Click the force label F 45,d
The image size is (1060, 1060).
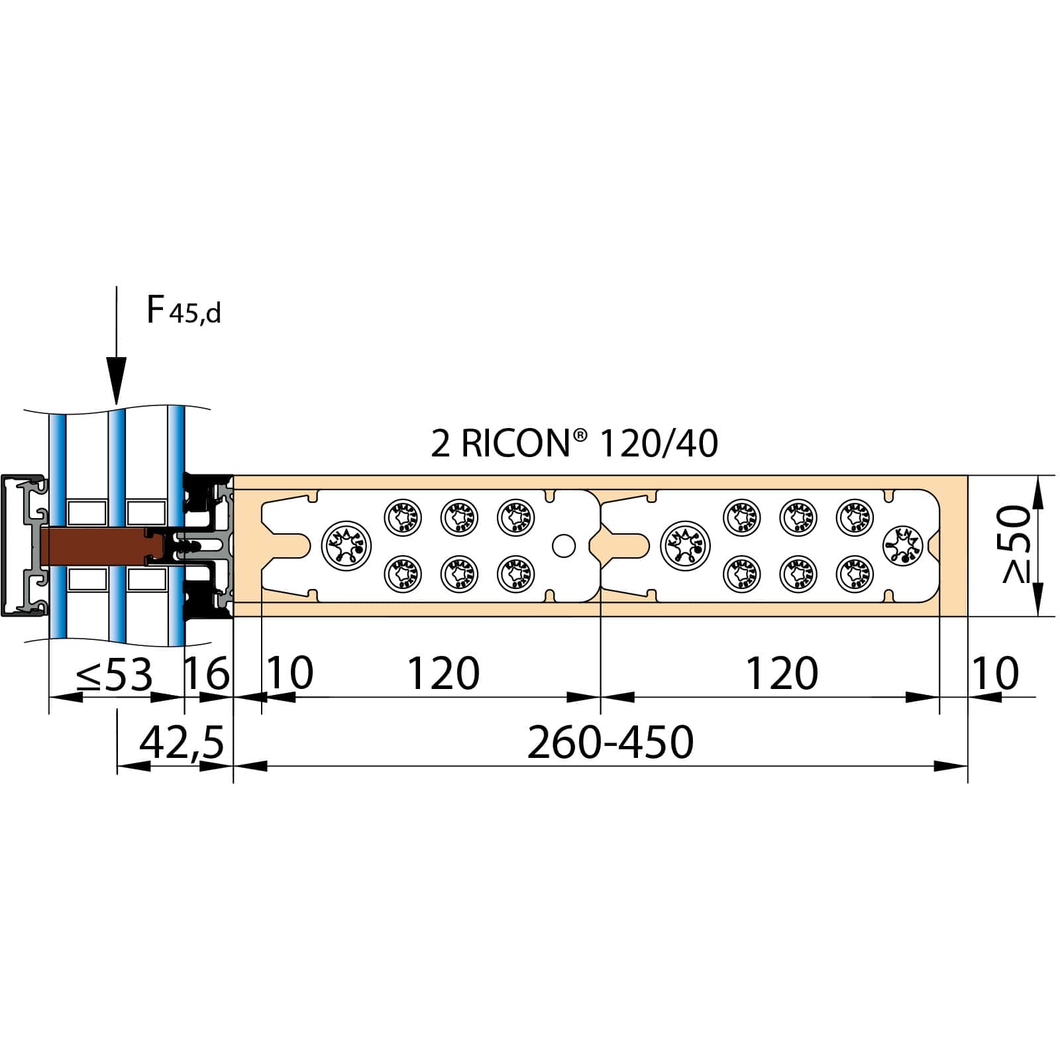(183, 310)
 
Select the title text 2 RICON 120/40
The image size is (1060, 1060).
(574, 443)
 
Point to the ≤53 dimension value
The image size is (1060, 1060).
(115, 674)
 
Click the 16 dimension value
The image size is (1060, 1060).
(207, 674)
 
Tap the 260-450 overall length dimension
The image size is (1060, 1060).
(610, 743)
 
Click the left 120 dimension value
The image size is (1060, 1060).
(443, 674)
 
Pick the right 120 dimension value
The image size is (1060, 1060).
(782, 674)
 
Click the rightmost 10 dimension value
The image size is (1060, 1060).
(994, 674)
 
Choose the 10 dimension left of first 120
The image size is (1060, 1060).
(290, 674)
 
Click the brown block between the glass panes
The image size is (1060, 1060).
(93, 546)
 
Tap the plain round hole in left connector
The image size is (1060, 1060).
(564, 546)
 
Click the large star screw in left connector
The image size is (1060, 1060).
(346, 546)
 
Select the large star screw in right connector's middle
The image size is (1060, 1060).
(685, 546)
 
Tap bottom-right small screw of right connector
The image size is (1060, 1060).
(855, 574)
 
